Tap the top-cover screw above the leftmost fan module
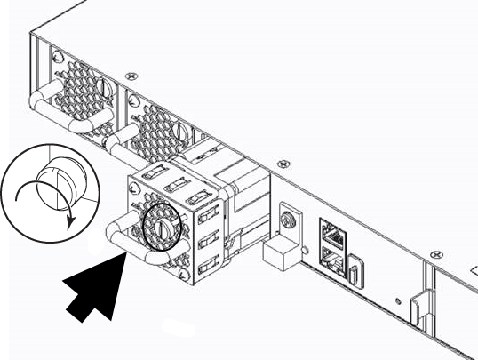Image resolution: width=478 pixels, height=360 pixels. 131,77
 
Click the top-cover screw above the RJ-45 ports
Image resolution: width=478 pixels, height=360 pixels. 283,164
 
